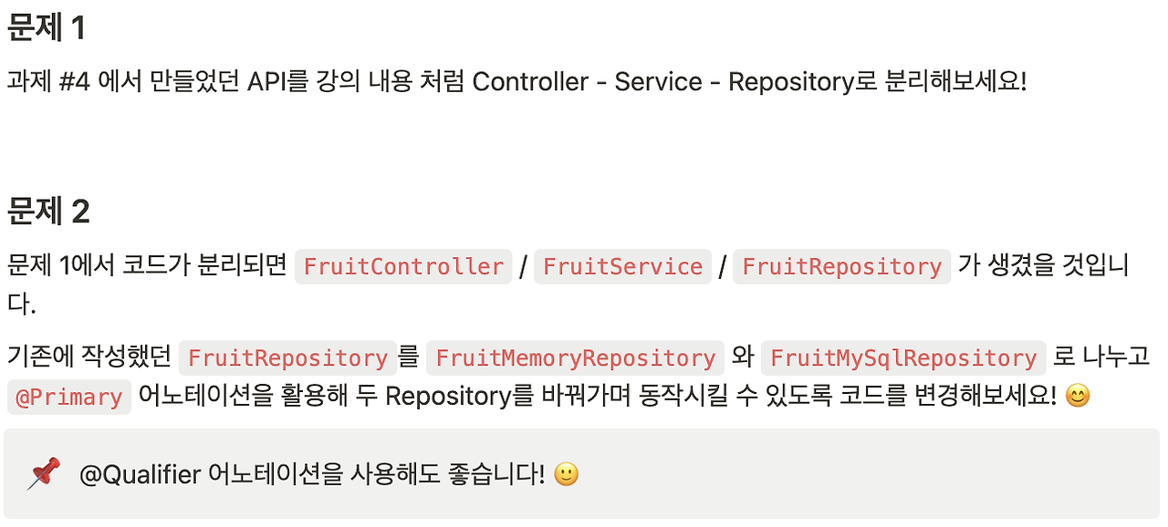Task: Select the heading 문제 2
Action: [x=48, y=212]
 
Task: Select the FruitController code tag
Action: [x=403, y=266]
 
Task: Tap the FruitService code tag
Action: [x=622, y=266]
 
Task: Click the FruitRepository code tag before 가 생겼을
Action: [x=841, y=266]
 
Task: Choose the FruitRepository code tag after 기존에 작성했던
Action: [x=287, y=357]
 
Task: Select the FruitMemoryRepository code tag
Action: [x=575, y=357]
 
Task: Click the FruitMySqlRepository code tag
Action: [x=903, y=357]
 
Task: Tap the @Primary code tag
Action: [x=68, y=397]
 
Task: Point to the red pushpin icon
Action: [x=43, y=474]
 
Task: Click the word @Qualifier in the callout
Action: [x=140, y=474]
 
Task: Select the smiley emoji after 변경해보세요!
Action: [x=1077, y=397]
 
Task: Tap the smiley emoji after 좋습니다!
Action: [x=566, y=474]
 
